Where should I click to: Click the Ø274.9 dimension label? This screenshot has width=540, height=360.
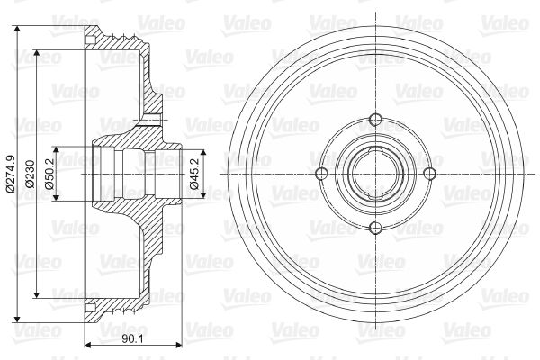pyautogui.click(x=11, y=174)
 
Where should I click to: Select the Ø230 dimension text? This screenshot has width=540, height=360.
pyautogui.click(x=31, y=174)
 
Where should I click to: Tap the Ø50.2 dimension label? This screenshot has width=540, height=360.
pyautogui.click(x=50, y=174)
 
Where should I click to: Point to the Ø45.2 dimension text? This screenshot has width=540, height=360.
pyautogui.click(x=194, y=174)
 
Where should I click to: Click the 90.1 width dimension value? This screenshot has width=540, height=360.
pyautogui.click(x=132, y=339)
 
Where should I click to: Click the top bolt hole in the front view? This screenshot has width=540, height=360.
pyautogui.click(x=375, y=120)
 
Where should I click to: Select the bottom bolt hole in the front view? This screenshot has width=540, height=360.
pyautogui.click(x=375, y=228)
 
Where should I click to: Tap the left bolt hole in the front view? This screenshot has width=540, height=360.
pyautogui.click(x=321, y=174)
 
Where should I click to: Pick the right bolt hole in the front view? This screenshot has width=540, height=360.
pyautogui.click(x=429, y=174)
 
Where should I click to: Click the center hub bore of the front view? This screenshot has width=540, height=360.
pyautogui.click(x=375, y=174)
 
